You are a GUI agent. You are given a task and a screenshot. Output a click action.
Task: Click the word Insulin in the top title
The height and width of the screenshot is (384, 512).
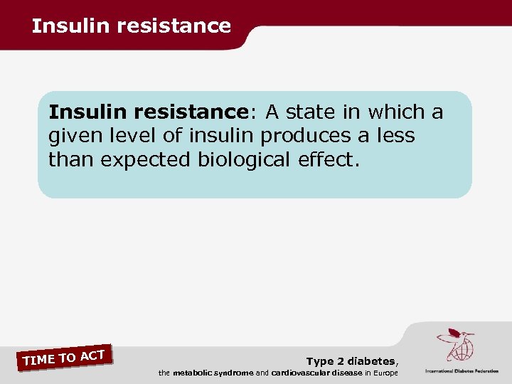pyautogui.click(x=61, y=26)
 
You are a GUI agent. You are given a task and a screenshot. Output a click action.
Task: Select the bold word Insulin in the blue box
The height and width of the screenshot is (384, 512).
pyautogui.click(x=83, y=112)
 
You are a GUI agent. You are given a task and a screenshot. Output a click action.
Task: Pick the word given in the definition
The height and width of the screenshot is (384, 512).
pyautogui.click(x=73, y=136)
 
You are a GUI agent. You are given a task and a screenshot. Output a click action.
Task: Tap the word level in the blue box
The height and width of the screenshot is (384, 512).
pyautogui.click(x=128, y=136)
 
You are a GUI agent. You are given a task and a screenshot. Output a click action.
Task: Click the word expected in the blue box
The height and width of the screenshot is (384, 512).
pyautogui.click(x=144, y=159)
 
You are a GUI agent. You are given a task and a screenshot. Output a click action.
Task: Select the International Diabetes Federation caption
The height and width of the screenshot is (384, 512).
pyautogui.click(x=462, y=370)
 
